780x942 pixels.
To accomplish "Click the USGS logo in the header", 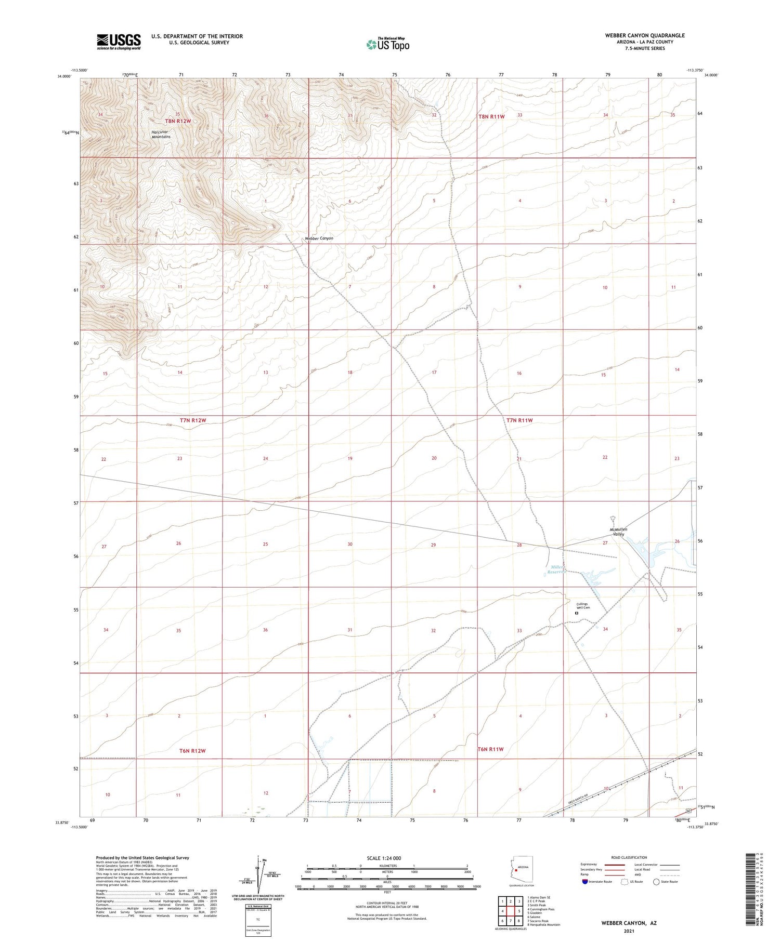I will (x=118, y=42).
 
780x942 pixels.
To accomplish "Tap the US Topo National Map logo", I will (x=388, y=44).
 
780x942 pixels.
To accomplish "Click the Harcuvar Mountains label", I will (x=161, y=134).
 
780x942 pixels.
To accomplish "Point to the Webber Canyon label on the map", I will (x=319, y=238).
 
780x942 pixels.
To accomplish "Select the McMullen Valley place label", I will (x=618, y=532).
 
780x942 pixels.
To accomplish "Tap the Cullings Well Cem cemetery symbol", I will (x=576, y=613).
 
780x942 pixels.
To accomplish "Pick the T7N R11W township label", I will (x=519, y=420).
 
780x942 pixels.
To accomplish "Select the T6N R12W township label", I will (x=192, y=751).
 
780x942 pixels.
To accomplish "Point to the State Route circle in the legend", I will (x=656, y=882).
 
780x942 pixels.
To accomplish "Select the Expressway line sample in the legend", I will (x=614, y=865).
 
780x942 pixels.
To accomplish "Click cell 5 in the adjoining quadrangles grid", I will (x=519, y=911).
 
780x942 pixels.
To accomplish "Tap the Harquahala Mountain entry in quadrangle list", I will (x=543, y=925).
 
